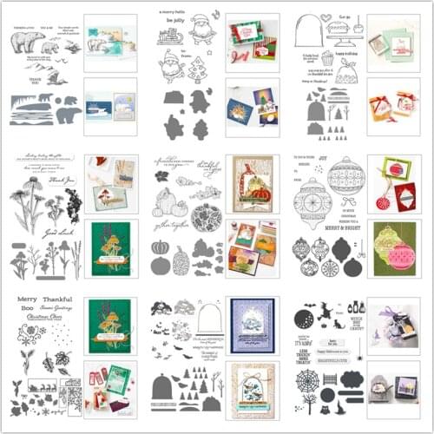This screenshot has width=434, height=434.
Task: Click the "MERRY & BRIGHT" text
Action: pos(347,224)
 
